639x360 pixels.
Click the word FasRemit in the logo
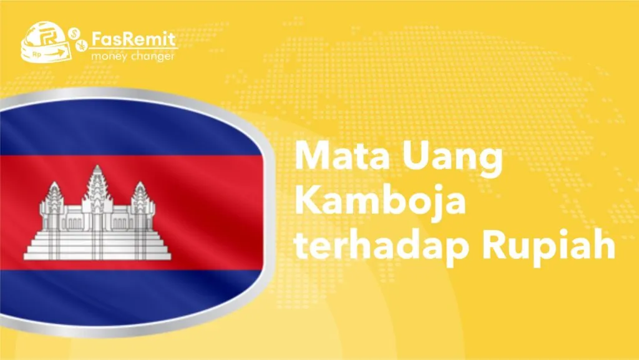(134, 39)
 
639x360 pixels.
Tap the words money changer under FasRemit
(133, 56)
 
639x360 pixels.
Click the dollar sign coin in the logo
(74, 34)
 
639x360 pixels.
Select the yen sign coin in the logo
(82, 45)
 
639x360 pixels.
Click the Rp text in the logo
(37, 54)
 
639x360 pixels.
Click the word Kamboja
(380, 201)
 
